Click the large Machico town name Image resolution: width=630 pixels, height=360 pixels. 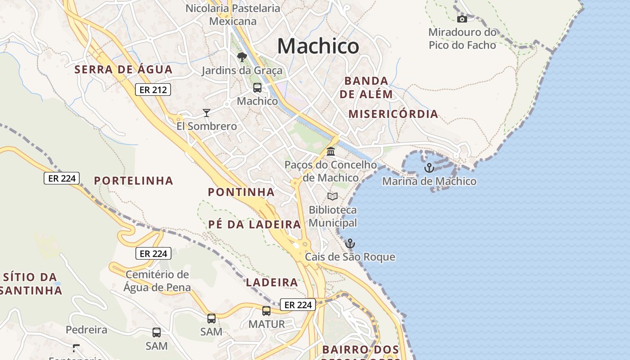coord(318,46)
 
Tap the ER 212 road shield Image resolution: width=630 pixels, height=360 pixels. coord(153,90)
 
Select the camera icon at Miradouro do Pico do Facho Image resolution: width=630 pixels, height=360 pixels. coord(462,19)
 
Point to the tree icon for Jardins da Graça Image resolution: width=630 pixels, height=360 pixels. coord(242,57)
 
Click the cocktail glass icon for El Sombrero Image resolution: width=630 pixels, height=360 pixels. coord(207,112)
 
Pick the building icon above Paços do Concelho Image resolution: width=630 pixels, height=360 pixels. coord(331,151)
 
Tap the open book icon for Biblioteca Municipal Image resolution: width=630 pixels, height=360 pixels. coord(333,196)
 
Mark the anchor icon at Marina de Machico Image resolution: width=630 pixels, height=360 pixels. coord(429,168)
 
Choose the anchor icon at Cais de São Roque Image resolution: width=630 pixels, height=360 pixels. coord(350,243)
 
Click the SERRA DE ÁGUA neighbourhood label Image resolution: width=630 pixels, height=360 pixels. coord(124,69)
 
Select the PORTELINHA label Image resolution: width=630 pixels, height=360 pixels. coord(134,180)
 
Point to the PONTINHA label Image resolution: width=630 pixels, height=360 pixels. coord(241,192)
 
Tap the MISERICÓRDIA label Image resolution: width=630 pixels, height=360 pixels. coord(393,114)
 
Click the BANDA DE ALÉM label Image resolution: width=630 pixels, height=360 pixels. coord(366,87)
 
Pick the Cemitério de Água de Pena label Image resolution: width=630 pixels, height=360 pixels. coord(157,281)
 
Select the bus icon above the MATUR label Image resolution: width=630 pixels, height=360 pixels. coord(266,310)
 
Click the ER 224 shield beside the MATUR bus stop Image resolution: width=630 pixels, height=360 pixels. coord(298,305)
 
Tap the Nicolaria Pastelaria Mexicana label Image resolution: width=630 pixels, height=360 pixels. coord(233,14)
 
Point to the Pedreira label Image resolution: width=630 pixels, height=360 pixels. coord(86,330)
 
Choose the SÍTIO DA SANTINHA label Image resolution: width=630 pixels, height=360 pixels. coord(30,283)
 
